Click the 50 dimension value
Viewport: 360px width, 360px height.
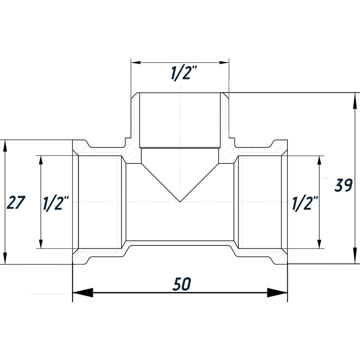pos(181,284)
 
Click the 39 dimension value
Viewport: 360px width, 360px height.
pos(343,185)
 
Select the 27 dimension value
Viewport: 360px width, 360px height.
pos(16,203)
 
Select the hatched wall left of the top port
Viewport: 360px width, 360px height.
pos(135,122)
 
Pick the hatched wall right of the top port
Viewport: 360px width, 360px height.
pos(225,122)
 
